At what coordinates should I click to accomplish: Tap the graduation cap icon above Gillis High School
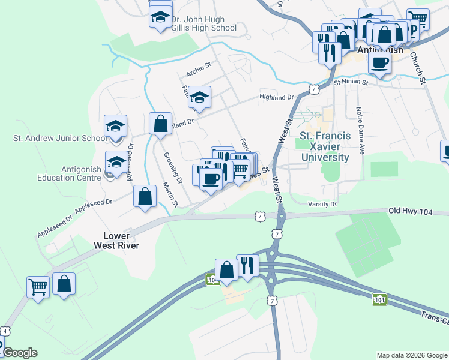pos(160,17)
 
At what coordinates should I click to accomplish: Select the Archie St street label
pos(199,71)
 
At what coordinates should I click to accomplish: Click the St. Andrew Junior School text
pos(60,138)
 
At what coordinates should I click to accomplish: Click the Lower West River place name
pos(116,241)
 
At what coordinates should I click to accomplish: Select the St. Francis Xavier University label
pos(324,146)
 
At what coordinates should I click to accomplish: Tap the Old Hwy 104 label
pos(409,211)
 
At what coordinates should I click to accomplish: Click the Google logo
pos(20,353)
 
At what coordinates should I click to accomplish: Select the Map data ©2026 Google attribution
pos(411,355)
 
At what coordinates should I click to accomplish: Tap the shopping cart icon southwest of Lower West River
pos(37,287)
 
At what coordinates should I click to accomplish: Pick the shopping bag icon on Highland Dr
pos(161,124)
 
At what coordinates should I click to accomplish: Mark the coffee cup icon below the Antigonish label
pos(379,62)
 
